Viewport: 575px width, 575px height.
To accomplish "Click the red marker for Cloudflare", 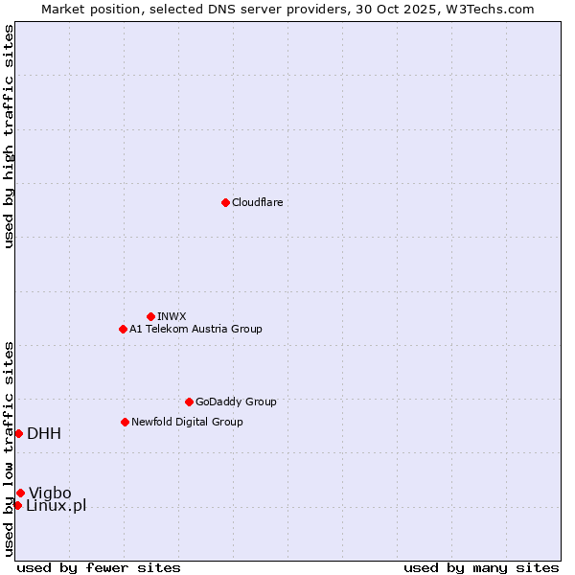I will pos(225,202).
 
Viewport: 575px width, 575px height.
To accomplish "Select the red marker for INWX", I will pos(150,316).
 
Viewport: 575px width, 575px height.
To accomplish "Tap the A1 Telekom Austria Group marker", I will pos(123,329).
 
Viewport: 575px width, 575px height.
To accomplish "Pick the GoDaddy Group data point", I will pos(189,402).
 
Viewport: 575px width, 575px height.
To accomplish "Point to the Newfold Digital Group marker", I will pos(125,422).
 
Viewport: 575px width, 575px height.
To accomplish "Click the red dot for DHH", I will pos(18,433).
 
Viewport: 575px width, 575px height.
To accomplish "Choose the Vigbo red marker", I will pos(20,493).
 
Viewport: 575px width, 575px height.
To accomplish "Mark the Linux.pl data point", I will pos(17,505).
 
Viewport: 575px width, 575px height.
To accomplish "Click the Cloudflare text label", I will pos(257,202).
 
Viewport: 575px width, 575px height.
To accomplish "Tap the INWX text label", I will pos(172,316).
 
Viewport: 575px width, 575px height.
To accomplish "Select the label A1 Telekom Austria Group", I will pos(195,329).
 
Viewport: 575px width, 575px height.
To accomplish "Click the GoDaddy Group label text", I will pos(236,402).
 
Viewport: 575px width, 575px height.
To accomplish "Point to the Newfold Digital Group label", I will pos(187,422).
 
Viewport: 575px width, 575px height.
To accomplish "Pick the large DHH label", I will pos(44,433).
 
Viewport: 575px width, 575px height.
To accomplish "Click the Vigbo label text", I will pos(50,493).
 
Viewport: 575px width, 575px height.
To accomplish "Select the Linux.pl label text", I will pos(56,505).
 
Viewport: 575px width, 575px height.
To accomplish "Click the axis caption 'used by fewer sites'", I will pos(99,567).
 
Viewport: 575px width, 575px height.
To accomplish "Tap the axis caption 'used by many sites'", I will pos(481,567).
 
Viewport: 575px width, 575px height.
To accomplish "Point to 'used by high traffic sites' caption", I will pos(9,136).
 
